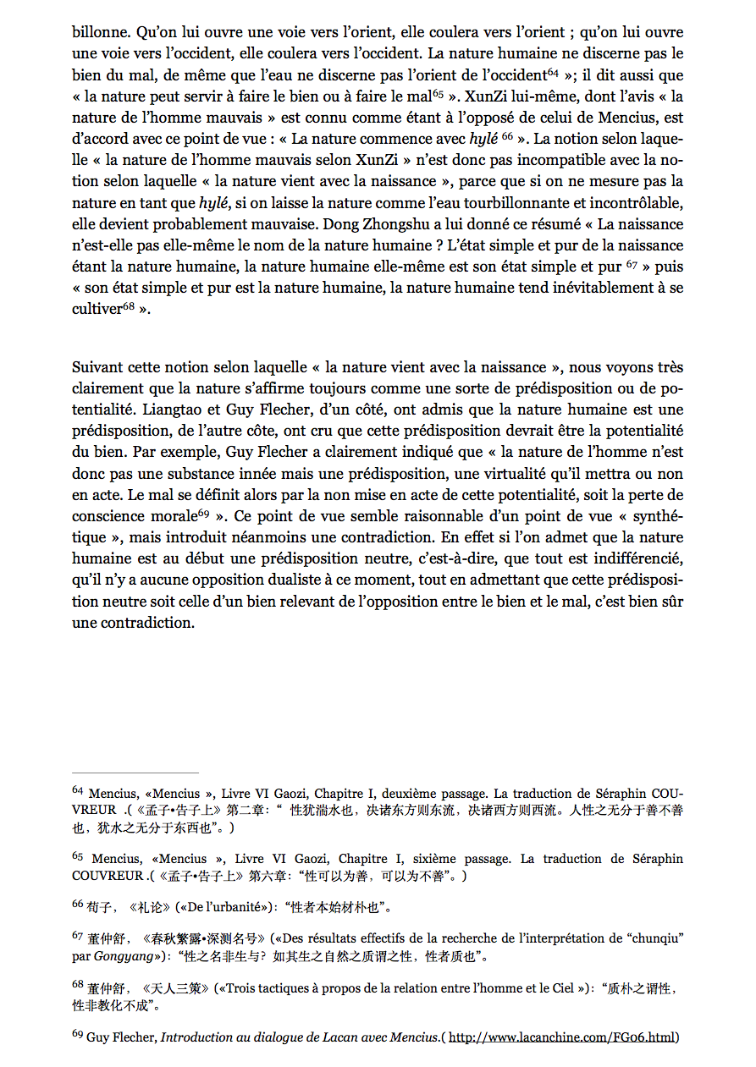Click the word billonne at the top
coord(99,32)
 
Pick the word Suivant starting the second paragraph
coord(97,367)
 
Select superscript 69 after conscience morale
coord(203,513)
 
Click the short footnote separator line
coord(135,773)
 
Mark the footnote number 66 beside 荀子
coord(77,905)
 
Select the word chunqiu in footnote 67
coord(653,938)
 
